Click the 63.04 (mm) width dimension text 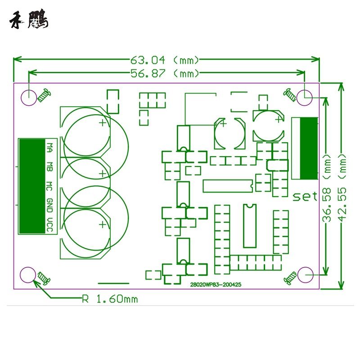pos(164,60)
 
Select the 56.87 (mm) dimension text pos(164,73)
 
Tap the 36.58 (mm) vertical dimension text pos(327,188)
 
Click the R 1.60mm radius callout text pos(110,299)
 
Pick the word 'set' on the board pos(305,196)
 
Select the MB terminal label pos(50,167)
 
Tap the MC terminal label pos(50,186)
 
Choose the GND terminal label pos(50,205)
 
